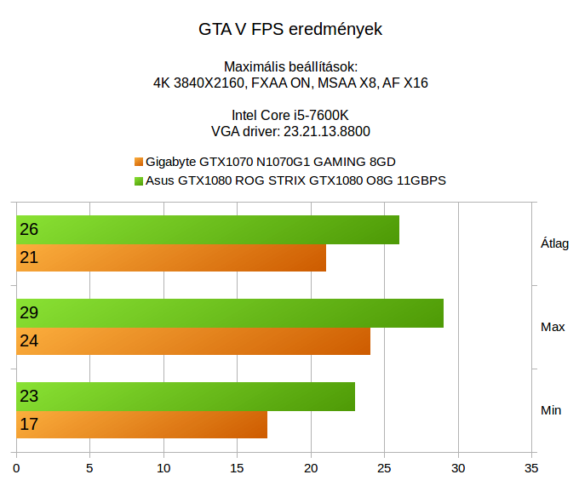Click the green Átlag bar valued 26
tap(208, 230)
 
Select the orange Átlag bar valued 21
tap(171, 258)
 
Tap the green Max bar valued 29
tap(230, 313)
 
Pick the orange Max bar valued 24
tap(193, 341)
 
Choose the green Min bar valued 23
tap(186, 397)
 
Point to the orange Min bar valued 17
tap(141, 424)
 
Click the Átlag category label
tap(554, 243)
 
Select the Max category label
tap(553, 327)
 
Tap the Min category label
tap(551, 410)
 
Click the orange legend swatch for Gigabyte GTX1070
tap(139, 162)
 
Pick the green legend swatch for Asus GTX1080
tap(139, 181)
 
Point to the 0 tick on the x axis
tap(17, 467)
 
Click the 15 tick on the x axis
tap(238, 467)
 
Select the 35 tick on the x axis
tap(532, 467)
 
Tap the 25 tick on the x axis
tap(385, 467)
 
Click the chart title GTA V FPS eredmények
tap(289, 30)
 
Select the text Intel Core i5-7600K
tap(289, 116)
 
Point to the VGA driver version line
tap(289, 132)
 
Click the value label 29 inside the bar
tap(28, 313)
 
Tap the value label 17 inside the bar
tap(28, 424)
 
